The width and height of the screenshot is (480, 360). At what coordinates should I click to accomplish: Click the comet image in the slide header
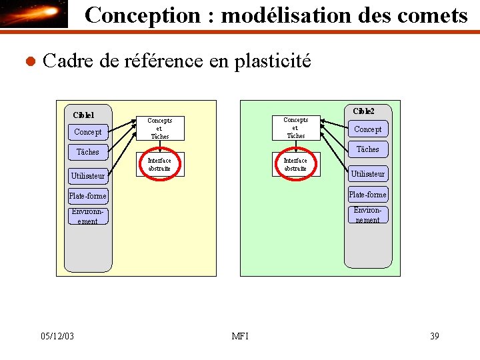(34, 14)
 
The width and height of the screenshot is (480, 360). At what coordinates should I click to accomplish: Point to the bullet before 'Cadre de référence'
(28, 62)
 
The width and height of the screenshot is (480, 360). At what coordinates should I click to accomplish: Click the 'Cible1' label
(83, 115)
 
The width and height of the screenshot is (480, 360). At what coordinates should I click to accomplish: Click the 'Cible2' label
(363, 111)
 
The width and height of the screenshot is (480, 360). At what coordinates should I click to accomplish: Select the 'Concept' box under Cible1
(88, 132)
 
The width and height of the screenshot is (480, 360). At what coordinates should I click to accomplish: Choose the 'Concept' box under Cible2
(367, 129)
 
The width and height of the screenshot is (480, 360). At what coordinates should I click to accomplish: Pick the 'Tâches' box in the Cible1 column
(88, 152)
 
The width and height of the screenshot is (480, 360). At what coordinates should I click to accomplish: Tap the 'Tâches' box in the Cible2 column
(367, 149)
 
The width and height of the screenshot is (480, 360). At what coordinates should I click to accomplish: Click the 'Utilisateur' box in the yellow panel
(88, 176)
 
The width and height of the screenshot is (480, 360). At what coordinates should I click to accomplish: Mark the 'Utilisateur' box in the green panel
(367, 174)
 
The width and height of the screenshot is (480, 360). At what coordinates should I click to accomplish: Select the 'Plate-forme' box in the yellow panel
(87, 196)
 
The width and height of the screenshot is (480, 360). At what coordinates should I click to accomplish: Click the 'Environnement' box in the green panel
(367, 215)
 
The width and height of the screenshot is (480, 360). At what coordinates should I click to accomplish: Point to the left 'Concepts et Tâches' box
(160, 128)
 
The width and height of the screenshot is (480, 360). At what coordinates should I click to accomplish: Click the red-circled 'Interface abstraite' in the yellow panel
(159, 165)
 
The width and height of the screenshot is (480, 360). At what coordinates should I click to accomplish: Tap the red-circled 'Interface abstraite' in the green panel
(295, 165)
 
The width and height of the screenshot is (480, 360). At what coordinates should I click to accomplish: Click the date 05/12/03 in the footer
(57, 336)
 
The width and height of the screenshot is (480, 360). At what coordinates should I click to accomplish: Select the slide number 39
(434, 336)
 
